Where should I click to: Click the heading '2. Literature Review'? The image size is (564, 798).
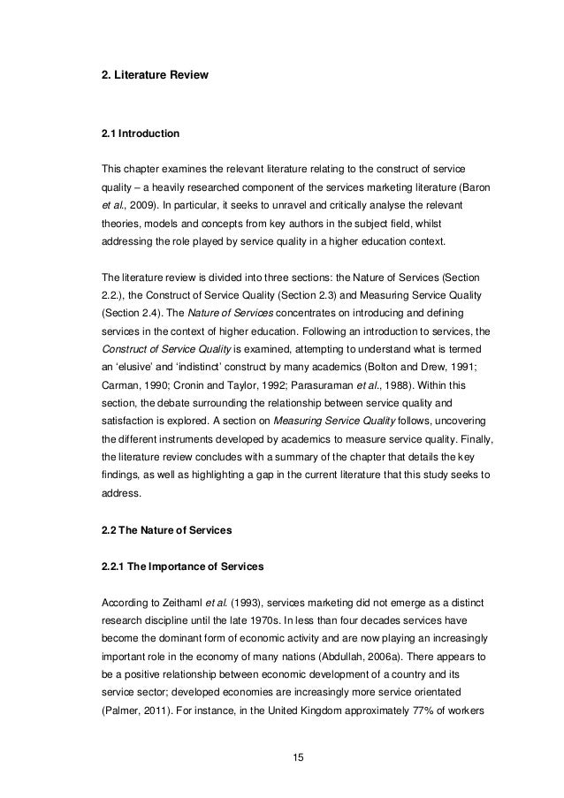pyautogui.click(x=156, y=77)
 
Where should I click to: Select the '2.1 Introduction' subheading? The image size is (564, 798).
pyautogui.click(x=141, y=134)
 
